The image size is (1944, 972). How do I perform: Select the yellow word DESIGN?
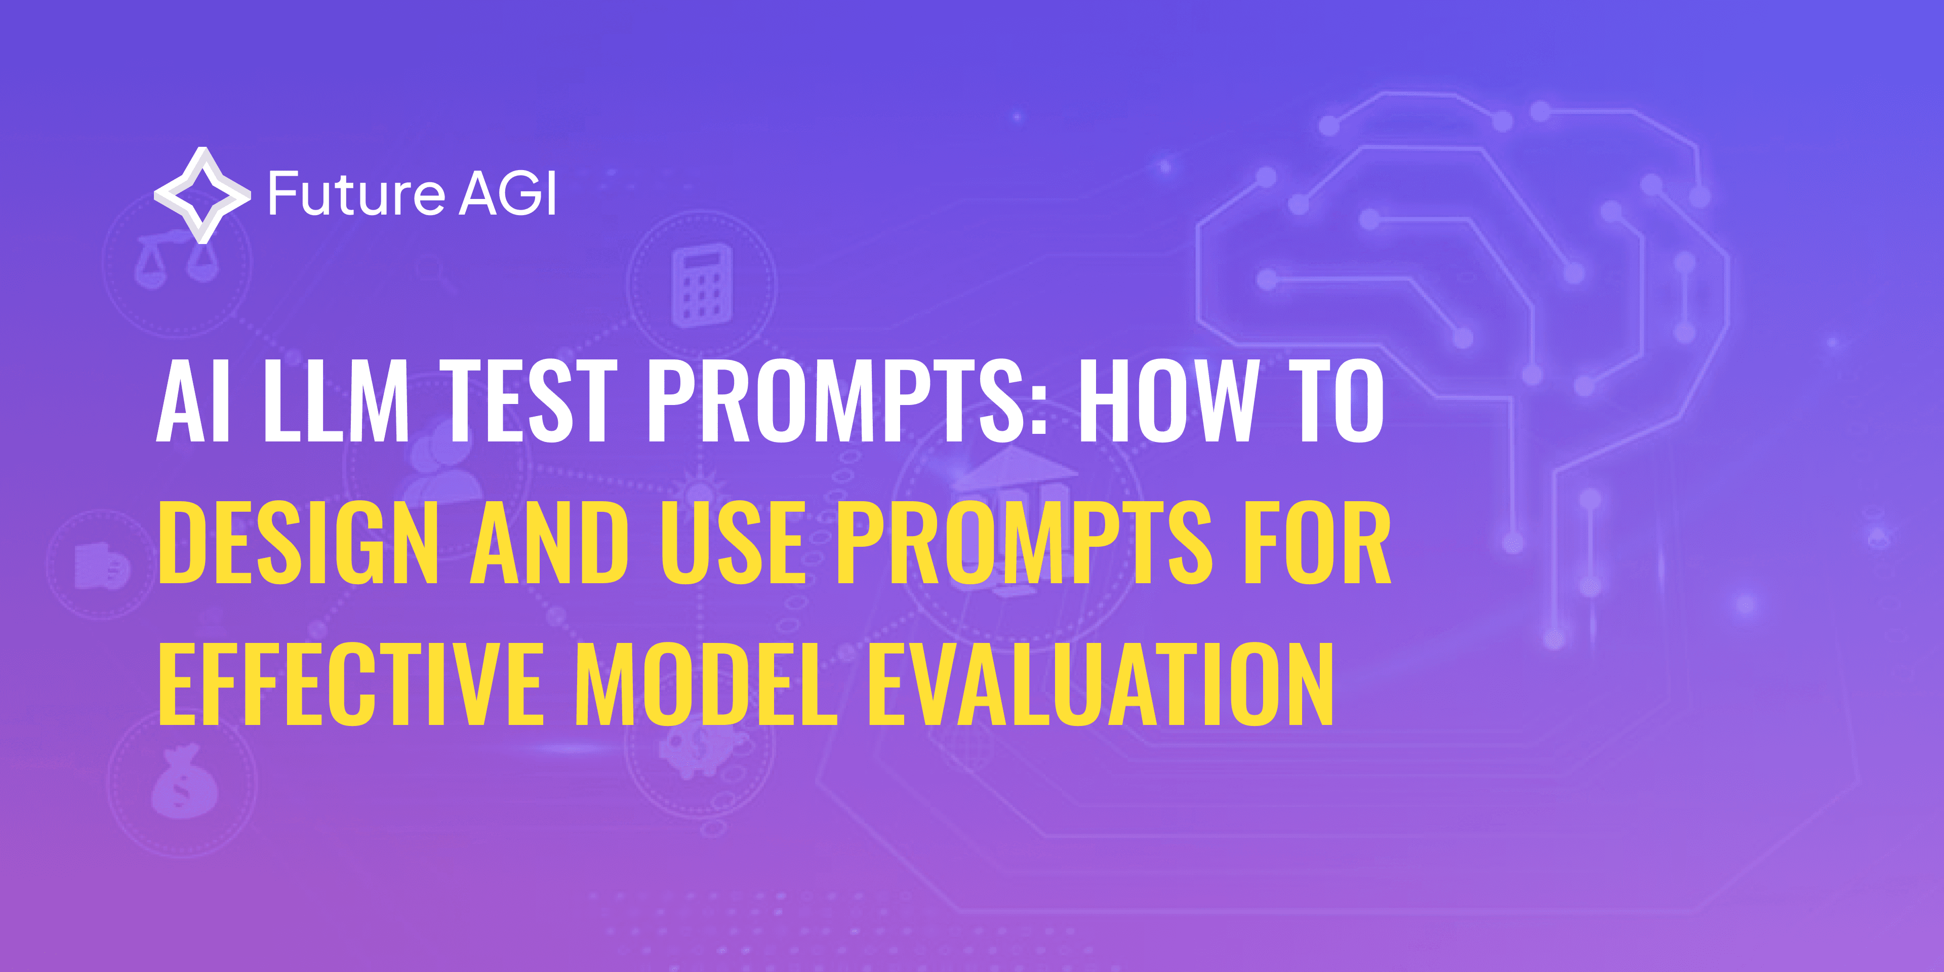pos(298,543)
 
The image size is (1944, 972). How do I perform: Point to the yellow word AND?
pos(549,543)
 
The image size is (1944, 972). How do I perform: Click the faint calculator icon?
pos(701,287)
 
